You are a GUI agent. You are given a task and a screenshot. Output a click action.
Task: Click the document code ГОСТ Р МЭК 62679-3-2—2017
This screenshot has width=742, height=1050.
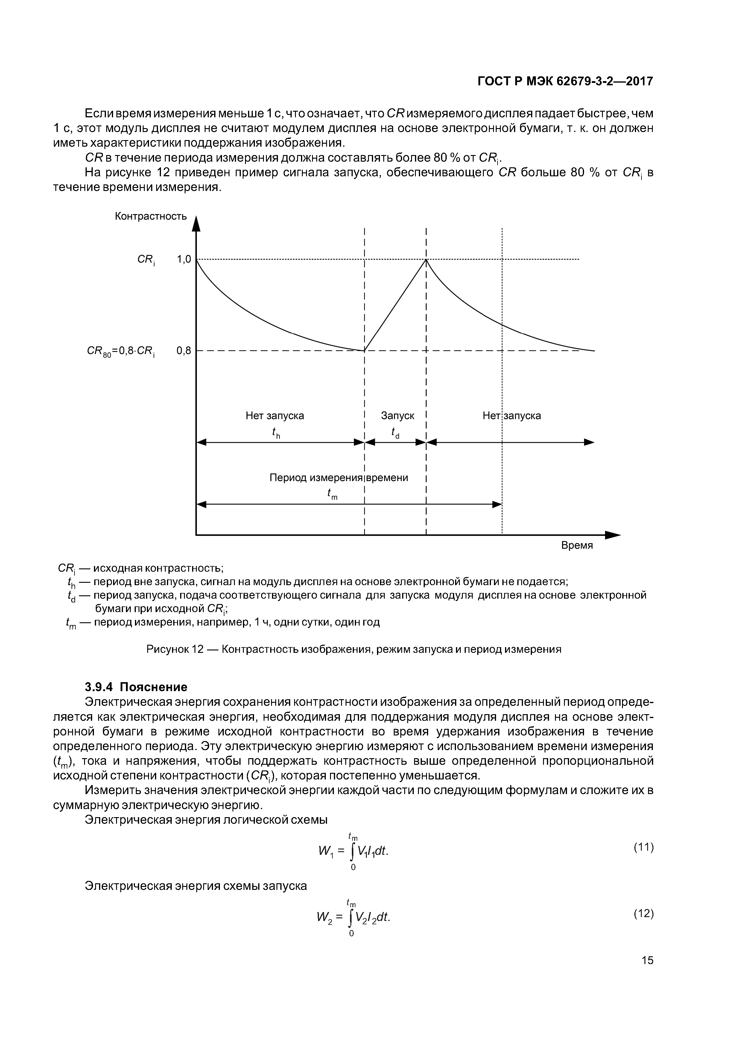coord(565,81)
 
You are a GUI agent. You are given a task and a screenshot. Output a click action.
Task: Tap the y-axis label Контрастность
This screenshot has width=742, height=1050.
coord(150,216)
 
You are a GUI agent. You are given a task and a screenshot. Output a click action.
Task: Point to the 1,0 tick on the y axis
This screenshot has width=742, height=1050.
coord(184,260)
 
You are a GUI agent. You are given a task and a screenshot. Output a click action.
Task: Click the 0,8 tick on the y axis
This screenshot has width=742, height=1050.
coord(184,351)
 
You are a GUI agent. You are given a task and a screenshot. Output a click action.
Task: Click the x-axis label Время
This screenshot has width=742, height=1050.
coord(577,546)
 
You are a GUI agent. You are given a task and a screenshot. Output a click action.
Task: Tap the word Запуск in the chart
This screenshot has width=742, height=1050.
coord(397,416)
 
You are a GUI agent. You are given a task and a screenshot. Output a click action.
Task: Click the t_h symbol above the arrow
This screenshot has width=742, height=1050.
coord(276,432)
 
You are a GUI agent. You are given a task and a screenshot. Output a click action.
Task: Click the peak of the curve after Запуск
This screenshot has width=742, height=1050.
coord(426,260)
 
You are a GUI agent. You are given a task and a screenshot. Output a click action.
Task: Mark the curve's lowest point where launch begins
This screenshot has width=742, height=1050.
coord(364,351)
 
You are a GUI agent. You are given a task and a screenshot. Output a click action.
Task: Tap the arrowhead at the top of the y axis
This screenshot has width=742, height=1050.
coord(196,224)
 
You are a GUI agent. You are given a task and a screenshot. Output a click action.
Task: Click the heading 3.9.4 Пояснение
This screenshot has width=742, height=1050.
coord(136,687)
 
